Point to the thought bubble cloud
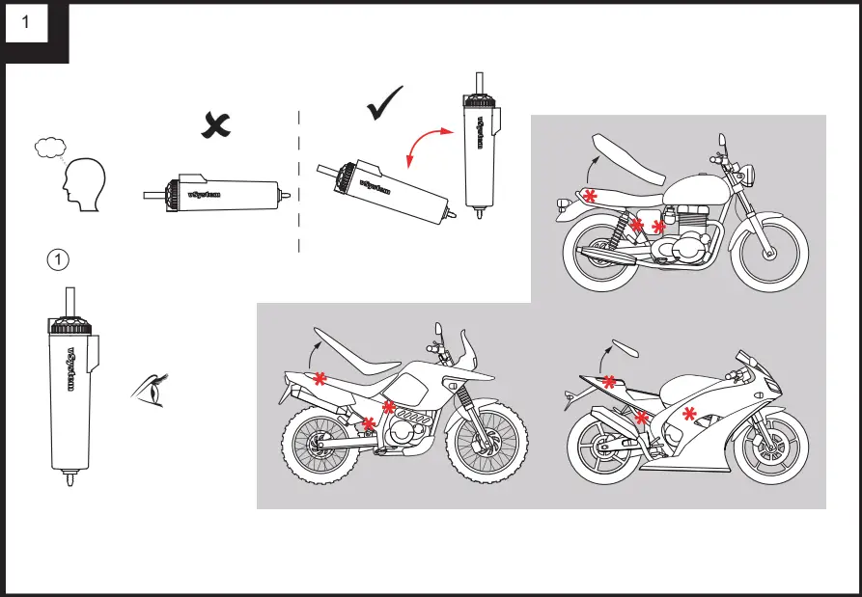(x=48, y=148)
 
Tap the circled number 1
(x=59, y=258)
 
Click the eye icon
(x=147, y=390)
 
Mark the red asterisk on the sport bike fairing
(x=689, y=415)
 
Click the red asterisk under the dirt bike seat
(x=319, y=379)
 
